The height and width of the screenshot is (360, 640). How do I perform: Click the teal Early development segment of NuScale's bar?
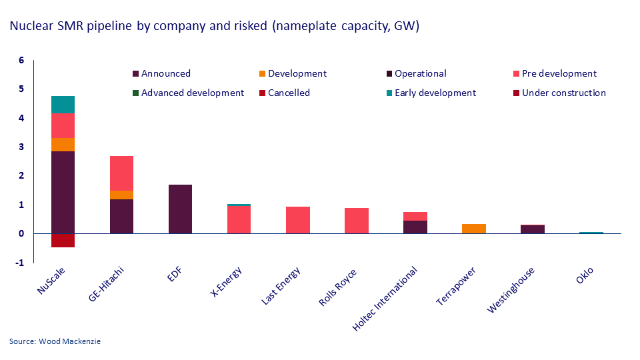coord(63,105)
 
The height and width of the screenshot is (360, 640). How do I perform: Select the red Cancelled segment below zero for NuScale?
coord(63,240)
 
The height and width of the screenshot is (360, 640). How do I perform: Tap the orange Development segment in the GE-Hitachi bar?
coord(121,195)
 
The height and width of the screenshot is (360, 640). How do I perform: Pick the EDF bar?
coord(180,209)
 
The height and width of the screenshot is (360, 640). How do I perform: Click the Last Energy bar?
coord(297,220)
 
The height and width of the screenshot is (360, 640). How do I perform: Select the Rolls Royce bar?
coord(356,221)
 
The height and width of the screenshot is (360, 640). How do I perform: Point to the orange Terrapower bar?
coord(473,229)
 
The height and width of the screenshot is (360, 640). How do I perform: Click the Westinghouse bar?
coord(532,229)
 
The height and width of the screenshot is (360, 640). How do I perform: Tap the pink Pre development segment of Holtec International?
coord(415,216)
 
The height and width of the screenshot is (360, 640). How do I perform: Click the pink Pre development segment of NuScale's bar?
coord(63,125)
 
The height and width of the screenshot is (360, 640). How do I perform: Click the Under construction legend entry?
coord(563,93)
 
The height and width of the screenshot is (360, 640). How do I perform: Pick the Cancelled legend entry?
coord(289,93)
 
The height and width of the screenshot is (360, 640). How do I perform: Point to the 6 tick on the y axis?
coord(21,61)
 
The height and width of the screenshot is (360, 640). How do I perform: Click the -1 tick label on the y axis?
coord(20,263)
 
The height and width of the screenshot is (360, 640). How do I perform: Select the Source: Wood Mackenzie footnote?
coord(55,341)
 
